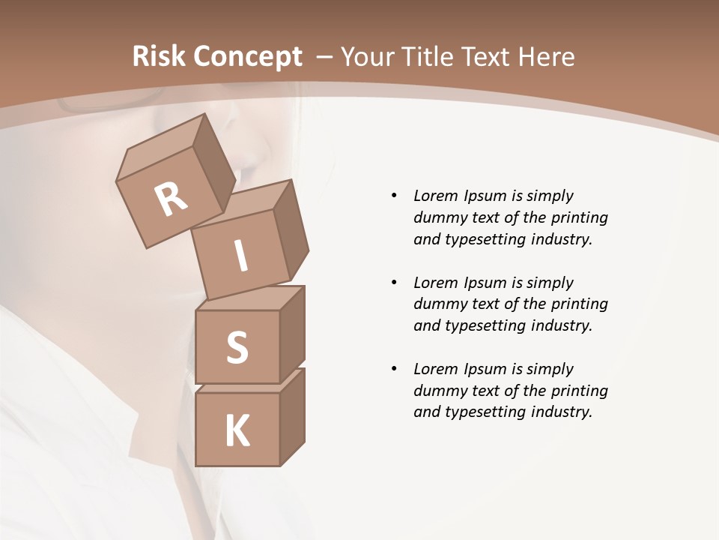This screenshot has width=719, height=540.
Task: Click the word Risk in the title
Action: click(160, 57)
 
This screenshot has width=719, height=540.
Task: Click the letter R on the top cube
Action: click(172, 199)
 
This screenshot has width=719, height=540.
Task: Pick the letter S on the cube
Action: click(237, 347)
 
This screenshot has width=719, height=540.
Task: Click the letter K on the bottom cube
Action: click(237, 431)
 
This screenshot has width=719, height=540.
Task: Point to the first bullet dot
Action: click(394, 196)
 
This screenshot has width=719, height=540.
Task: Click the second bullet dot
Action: click(394, 283)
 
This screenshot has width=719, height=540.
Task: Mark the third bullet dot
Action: click(394, 369)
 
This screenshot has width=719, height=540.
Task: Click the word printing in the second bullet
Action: click(579, 304)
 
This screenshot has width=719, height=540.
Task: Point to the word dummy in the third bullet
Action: click(437, 391)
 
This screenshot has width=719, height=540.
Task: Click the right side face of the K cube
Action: click(292, 418)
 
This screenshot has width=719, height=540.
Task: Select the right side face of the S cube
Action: click(292, 334)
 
